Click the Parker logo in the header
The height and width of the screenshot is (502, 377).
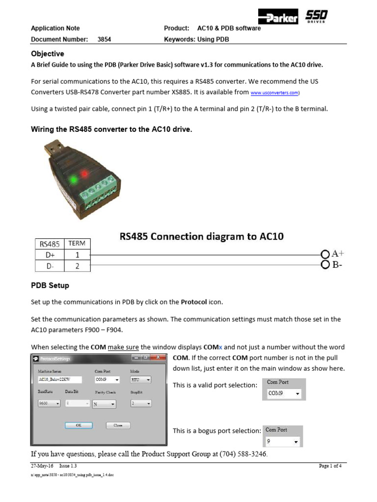[x=278, y=19]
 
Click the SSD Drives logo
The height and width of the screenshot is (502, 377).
[x=316, y=18]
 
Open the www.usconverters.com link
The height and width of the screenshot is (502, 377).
[x=274, y=92]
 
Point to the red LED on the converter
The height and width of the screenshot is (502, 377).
[x=84, y=173]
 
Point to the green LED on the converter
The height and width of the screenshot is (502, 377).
[x=73, y=179]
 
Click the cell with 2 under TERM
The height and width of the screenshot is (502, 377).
[x=77, y=266]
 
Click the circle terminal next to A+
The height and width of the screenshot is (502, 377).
[x=324, y=254]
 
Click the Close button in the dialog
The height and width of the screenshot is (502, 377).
[x=118, y=426]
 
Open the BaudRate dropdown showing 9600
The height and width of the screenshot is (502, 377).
[x=49, y=403]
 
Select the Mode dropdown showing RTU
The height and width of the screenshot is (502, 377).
[x=140, y=379]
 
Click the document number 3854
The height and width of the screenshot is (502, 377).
[x=104, y=39]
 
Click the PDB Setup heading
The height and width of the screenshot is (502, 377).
[x=50, y=285]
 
